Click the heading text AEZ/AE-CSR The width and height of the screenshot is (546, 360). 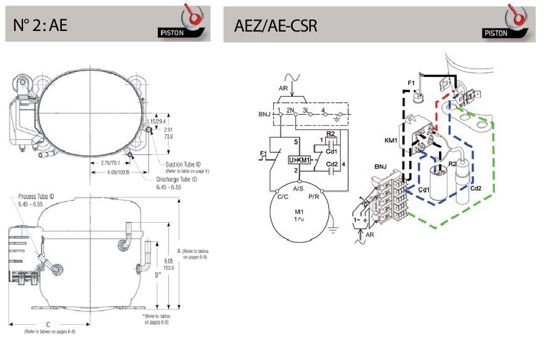point(275,25)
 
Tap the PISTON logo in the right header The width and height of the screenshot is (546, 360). point(511,23)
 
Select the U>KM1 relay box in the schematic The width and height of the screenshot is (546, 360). point(300,160)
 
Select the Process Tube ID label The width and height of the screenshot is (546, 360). point(37,197)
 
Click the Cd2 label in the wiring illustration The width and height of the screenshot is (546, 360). point(476,188)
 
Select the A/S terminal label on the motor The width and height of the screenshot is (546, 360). point(298,189)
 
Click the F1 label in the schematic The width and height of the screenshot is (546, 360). point(262,152)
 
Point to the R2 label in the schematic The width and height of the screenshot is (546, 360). point(331,133)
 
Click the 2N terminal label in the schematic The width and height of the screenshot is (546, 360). point(291,110)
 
